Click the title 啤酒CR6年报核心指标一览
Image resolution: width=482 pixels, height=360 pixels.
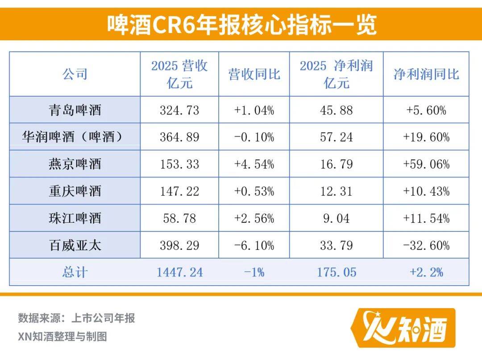pyautogui.click(x=241, y=25)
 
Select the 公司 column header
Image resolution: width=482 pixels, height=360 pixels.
pyautogui.click(x=75, y=74)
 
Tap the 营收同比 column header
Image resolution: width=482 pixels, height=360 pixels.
pyautogui.click(x=254, y=74)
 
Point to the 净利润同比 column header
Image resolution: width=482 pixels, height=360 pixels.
pyautogui.click(x=426, y=74)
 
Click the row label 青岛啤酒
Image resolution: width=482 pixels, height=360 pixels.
pyautogui.click(x=75, y=110)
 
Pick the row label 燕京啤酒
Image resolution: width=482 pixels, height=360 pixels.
pyautogui.click(x=75, y=164)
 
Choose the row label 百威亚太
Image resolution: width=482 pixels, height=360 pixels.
pyautogui.click(x=75, y=245)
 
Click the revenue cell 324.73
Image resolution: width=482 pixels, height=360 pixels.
pyautogui.click(x=179, y=110)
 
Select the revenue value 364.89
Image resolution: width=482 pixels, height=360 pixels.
pyautogui.click(x=179, y=137)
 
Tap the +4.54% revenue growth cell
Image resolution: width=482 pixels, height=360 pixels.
pyautogui.click(x=254, y=164)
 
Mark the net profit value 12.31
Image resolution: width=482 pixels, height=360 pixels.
pyautogui.click(x=336, y=191)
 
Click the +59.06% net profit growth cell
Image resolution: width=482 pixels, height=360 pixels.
pyautogui.click(x=426, y=164)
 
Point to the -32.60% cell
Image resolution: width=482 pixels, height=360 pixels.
pyautogui.click(x=426, y=245)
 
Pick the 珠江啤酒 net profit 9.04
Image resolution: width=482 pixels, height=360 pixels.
pyautogui.click(x=336, y=218)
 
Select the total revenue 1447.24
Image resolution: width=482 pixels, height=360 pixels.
pyautogui.click(x=179, y=272)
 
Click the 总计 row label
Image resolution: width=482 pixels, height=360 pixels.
pyautogui.click(x=75, y=272)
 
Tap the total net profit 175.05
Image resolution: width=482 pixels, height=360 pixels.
pyautogui.click(x=336, y=272)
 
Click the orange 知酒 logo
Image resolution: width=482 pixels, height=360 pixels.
pyautogui.click(x=403, y=327)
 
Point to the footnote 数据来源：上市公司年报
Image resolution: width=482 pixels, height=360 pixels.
pyautogui.click(x=76, y=318)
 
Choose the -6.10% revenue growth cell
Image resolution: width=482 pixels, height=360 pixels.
pyautogui.click(x=254, y=245)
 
